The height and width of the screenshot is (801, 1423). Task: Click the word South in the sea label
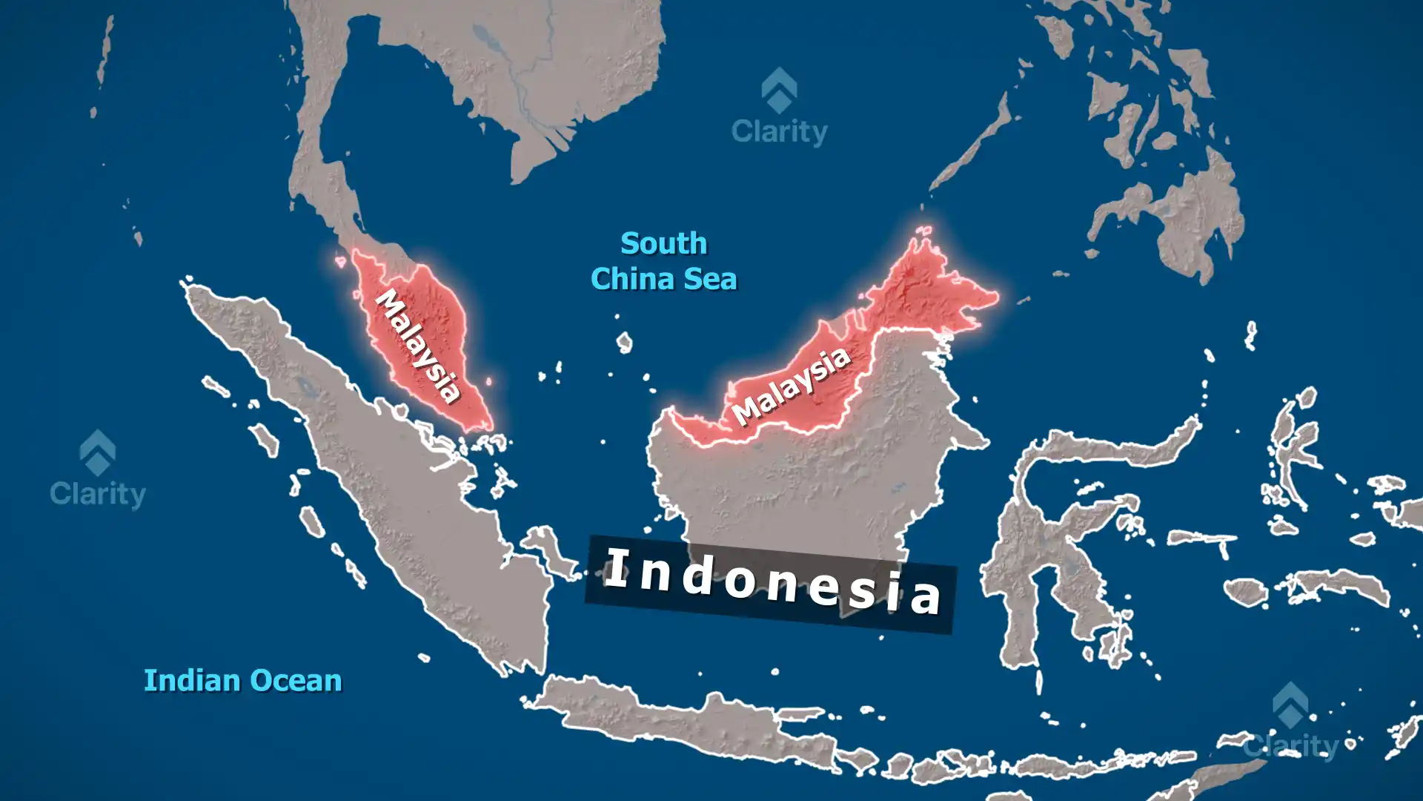point(663,243)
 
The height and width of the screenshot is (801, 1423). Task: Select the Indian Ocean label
point(242,680)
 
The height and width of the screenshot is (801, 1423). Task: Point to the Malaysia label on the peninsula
point(419,346)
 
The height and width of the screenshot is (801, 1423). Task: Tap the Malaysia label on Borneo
point(791,386)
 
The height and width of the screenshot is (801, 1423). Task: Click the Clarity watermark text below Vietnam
point(779,132)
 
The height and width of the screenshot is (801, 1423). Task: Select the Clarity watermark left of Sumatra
point(97,493)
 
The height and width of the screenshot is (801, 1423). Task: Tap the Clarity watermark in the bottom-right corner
point(1290,744)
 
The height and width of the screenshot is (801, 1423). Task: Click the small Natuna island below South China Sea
point(625,342)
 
